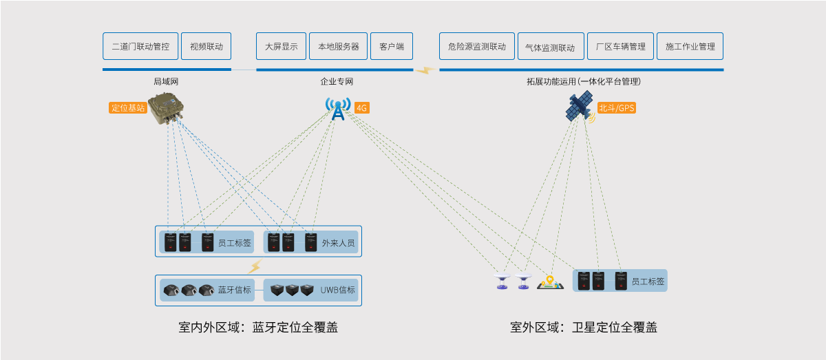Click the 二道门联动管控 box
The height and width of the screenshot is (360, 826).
140,47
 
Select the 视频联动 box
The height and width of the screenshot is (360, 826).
206,47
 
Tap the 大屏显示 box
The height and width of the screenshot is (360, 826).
281,47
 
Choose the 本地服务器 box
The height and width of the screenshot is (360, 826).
339,47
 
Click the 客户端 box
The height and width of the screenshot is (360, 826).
392,47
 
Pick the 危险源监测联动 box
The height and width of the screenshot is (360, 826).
476,47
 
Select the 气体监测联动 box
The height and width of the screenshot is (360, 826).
550,47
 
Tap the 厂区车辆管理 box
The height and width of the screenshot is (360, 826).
621,47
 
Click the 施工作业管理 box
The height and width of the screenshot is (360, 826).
690,47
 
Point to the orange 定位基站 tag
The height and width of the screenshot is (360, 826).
129,108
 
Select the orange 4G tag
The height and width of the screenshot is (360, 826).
362,108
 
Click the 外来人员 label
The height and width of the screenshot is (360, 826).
339,243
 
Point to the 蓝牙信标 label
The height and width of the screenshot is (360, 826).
235,290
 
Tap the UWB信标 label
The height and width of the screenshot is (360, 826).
338,290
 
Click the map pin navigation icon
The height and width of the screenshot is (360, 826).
550,282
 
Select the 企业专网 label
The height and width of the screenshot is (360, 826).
337,82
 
